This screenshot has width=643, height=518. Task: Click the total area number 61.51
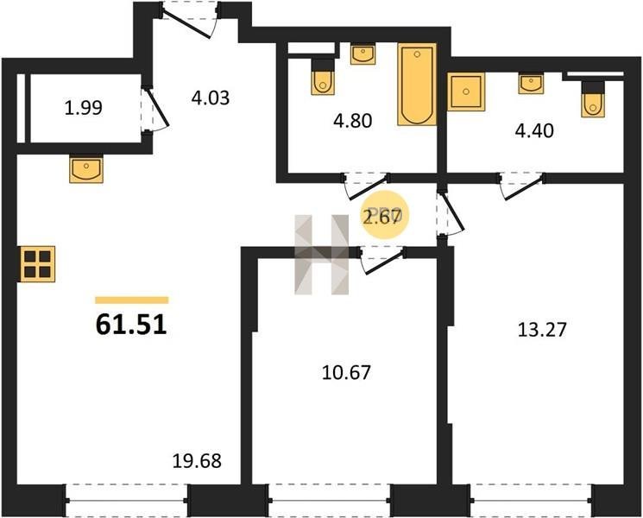pos(131,325)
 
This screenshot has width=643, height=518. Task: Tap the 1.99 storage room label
pos(84,108)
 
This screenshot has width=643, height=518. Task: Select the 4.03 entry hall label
pos(211,98)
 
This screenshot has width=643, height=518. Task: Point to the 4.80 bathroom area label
pos(353,121)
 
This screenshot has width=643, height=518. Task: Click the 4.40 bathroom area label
pos(534,131)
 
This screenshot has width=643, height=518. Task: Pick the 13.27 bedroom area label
pos(542,329)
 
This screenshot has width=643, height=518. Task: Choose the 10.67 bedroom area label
pos(346,372)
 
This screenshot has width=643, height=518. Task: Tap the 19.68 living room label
pos(197,461)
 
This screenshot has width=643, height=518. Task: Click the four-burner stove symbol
pos(38,264)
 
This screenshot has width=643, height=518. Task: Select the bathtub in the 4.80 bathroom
pos(417,84)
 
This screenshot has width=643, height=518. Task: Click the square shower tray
pos(466,92)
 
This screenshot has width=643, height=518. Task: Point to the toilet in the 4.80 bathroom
pos(323,77)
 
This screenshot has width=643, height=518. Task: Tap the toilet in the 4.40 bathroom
pos(593,99)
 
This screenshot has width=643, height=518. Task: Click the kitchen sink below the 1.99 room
pos(86,168)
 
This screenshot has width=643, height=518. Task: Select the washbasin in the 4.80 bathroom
pos(362,54)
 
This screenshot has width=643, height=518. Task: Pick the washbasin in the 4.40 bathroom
pos(531,83)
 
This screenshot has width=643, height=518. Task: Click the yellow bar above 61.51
pos(132,300)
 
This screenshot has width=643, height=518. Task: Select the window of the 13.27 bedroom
pos(531,501)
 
